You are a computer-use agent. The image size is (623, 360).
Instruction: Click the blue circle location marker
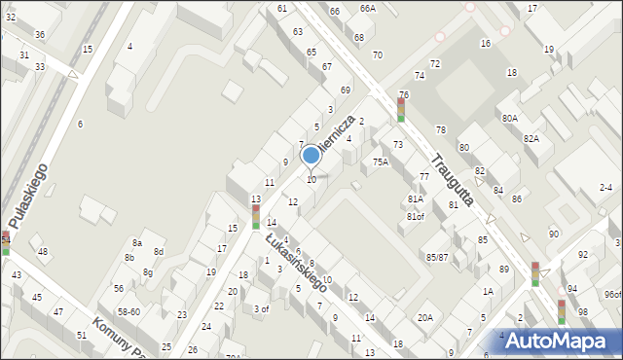click(311, 155)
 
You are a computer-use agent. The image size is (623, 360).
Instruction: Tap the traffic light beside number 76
click(400, 109)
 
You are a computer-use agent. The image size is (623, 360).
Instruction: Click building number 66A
click(367, 8)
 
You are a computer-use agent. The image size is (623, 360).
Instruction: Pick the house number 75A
click(381, 162)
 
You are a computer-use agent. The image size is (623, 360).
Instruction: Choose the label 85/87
click(437, 257)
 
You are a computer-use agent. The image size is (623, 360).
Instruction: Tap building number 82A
click(531, 139)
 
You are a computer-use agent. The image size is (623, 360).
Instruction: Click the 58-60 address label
click(128, 311)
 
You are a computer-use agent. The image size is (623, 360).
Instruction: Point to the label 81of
click(416, 216)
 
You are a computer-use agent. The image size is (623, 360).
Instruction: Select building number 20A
click(425, 317)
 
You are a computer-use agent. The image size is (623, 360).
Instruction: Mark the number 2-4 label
click(605, 188)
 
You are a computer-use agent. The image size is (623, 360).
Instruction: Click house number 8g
click(148, 272)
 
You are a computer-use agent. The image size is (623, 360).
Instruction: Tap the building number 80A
click(509, 118)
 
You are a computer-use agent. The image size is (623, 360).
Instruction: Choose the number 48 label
click(43, 252)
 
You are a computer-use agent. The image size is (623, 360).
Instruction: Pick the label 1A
click(488, 291)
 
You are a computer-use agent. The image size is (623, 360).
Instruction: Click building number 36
click(40, 35)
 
